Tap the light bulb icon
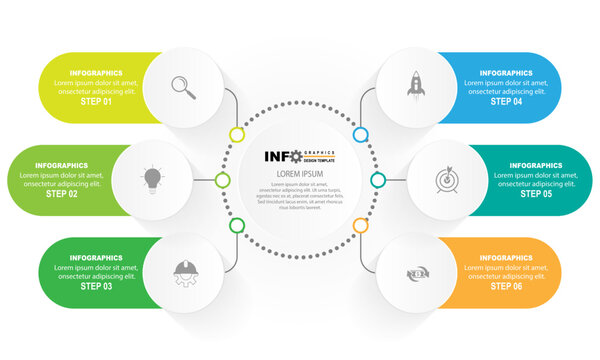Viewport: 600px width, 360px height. [x=151, y=179]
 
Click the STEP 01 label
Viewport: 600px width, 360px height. [x=97, y=102]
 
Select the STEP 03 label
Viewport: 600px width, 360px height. [x=97, y=287]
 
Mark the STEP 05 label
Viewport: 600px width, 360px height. [x=534, y=194]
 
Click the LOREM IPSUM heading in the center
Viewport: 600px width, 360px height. [x=299, y=173]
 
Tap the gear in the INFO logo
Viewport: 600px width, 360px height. [x=295, y=156]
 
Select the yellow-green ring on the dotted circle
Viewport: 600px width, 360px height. [x=237, y=134]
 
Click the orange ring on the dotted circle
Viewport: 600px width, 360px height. [x=360, y=226]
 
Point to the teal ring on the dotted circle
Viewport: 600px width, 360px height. [x=378, y=180]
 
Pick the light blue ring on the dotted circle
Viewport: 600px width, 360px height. [x=360, y=134]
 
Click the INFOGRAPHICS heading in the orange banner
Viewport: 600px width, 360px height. [x=505, y=258]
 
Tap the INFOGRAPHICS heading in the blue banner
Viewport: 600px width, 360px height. [x=505, y=73]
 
